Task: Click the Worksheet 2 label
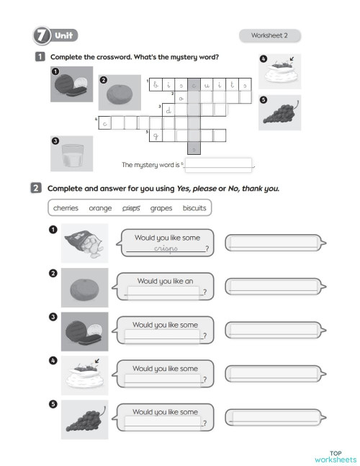point(269,35)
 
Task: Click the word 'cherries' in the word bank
point(66,208)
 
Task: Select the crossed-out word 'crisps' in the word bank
point(132,208)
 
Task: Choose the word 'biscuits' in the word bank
point(194,208)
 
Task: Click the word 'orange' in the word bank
point(100,208)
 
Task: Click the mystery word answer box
point(220,164)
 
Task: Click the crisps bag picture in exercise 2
point(84,243)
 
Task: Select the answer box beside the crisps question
point(272,243)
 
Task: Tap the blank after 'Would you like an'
point(164,292)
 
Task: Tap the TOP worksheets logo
point(335,456)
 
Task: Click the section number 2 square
point(35,189)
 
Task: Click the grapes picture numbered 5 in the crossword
point(280,112)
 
